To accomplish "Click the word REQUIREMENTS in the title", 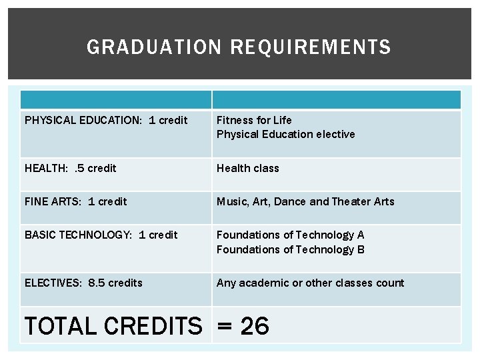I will click(311, 47).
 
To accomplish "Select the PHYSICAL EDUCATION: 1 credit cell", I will click(106, 121).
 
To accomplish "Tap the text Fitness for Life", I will click(254, 120).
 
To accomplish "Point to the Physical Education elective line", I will click(285, 135).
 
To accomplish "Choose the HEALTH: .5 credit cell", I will click(70, 168).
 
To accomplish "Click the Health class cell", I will click(247, 168).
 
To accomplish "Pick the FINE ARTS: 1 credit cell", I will click(75, 201).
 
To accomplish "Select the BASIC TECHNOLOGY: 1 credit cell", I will click(101, 235).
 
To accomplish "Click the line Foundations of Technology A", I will click(290, 235).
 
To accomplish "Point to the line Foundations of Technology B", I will click(290, 249).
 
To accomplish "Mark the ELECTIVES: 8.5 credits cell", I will click(83, 283).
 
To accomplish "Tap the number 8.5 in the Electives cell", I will click(97, 283).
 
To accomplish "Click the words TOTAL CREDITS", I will click(113, 326).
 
